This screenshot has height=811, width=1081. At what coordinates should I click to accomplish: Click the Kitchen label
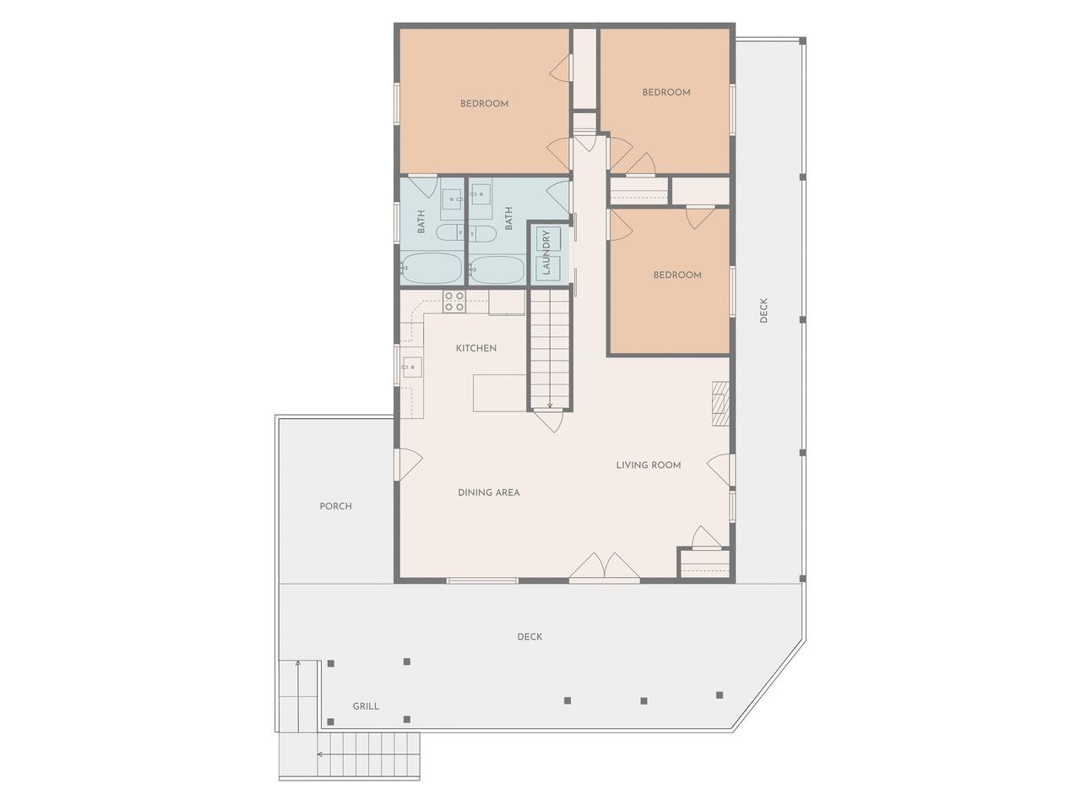point(475,348)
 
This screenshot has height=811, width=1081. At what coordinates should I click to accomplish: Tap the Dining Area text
point(488,493)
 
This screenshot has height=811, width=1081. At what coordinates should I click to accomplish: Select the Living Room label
point(648,465)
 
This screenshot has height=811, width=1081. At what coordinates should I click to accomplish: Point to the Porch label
point(335,506)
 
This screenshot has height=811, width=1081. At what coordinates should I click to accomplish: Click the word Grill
point(366,706)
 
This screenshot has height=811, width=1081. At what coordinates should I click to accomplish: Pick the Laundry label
point(546,252)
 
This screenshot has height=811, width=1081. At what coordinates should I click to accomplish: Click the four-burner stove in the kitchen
point(454,301)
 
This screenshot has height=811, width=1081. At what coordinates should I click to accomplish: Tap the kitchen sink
point(412,367)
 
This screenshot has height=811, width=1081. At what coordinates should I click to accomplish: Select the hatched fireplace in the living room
point(720,403)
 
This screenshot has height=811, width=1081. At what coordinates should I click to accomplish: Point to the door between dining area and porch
point(408,465)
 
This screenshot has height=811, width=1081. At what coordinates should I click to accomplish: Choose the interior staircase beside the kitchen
point(550,350)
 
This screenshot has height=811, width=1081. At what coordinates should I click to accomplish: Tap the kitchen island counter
point(500,393)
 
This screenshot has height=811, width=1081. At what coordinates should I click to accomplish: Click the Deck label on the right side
point(763,310)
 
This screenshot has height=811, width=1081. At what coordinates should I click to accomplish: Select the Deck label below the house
point(530,637)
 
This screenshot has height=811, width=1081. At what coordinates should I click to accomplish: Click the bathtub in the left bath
point(432,269)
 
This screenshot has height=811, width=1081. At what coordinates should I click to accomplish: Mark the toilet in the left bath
point(450,233)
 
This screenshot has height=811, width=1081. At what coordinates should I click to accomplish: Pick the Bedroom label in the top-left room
point(484,103)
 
